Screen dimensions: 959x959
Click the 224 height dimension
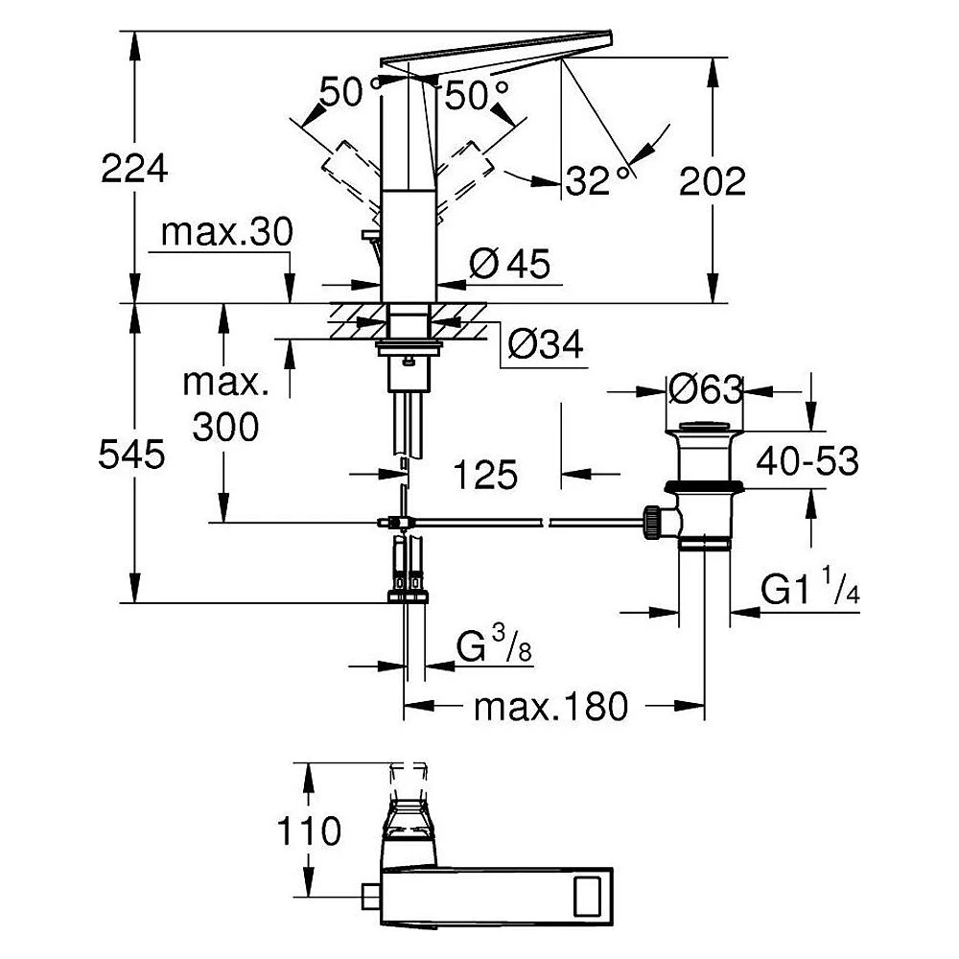[134, 169]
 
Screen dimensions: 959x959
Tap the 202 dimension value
[713, 181]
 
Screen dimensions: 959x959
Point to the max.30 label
[227, 232]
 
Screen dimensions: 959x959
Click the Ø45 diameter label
[510, 264]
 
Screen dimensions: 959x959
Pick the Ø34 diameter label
[546, 345]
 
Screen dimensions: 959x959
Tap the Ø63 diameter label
[705, 389]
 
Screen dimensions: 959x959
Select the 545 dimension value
[131, 455]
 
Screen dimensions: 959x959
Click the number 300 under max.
[225, 427]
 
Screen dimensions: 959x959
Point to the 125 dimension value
[485, 475]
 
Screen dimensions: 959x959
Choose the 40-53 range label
[807, 460]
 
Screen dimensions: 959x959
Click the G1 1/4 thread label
[810, 587]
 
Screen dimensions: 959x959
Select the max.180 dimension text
[551, 707]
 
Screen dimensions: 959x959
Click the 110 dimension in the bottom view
[309, 830]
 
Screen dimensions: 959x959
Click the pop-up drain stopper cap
[705, 427]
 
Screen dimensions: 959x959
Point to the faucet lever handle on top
[496, 51]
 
